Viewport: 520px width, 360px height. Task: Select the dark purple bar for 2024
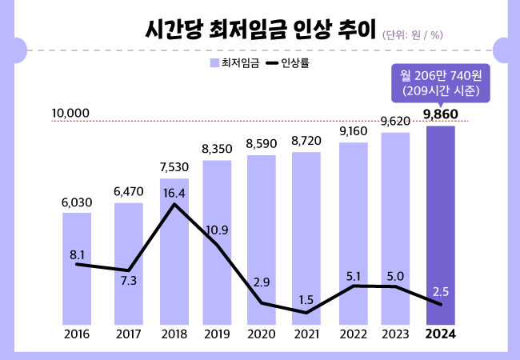coord(441,224)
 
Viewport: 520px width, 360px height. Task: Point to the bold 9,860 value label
coord(441,114)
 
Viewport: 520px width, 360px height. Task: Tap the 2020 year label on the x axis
coord(261,334)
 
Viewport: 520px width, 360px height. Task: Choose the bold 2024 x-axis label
coord(441,334)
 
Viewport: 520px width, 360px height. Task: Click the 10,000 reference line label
coord(70,114)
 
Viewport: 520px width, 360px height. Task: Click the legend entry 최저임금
coord(234,62)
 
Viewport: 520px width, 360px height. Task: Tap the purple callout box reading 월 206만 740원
coord(441,83)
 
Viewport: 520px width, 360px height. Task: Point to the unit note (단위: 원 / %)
coord(414,34)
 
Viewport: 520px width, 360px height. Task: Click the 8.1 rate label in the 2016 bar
coord(78,255)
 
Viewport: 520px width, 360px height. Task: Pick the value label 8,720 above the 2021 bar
coord(306,141)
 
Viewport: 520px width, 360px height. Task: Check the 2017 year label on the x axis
coord(129,334)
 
